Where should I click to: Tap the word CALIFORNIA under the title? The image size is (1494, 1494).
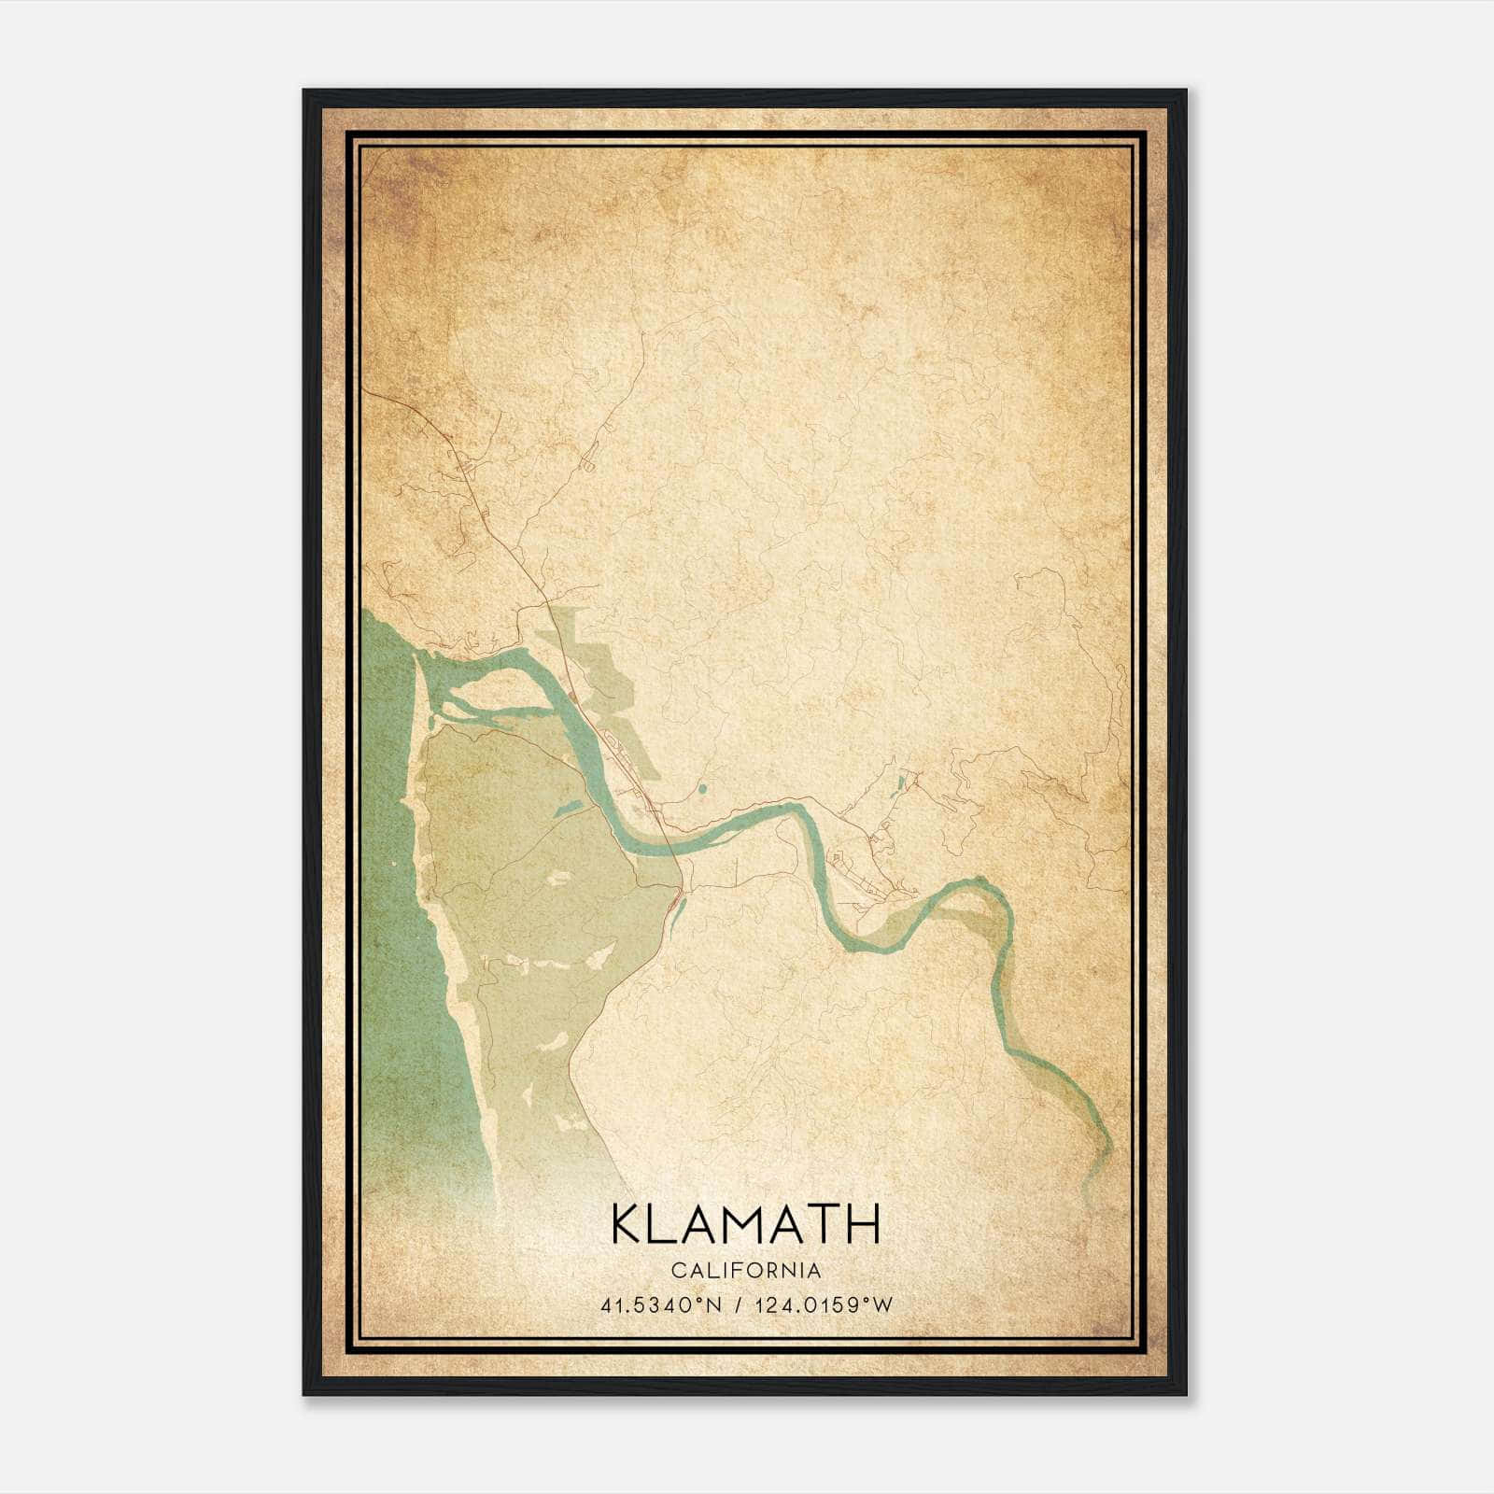746,1271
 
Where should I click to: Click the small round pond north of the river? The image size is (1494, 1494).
701,789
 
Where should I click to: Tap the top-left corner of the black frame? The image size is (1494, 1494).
304,92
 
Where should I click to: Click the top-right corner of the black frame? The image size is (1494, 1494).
1185,92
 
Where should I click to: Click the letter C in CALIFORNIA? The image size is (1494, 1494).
676,1271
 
